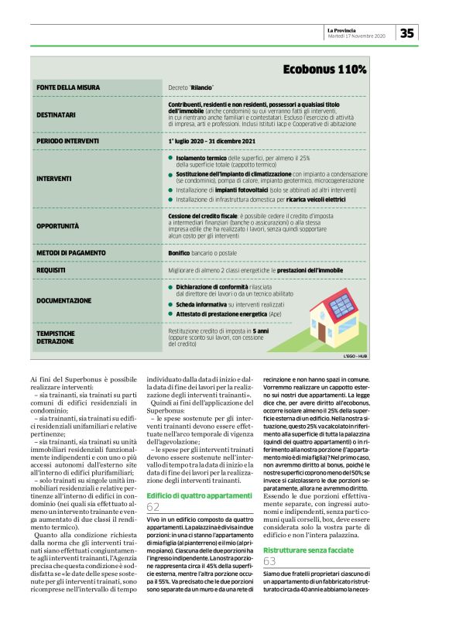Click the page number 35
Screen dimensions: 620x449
click(407, 33)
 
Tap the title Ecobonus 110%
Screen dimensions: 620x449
click(324, 70)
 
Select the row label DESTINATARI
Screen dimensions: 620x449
click(56, 115)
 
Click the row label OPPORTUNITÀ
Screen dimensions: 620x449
click(58, 226)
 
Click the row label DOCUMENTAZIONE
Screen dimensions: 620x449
click(63, 300)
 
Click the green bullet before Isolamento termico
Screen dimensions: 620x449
click(170, 157)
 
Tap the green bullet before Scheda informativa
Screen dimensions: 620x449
click(170, 305)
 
